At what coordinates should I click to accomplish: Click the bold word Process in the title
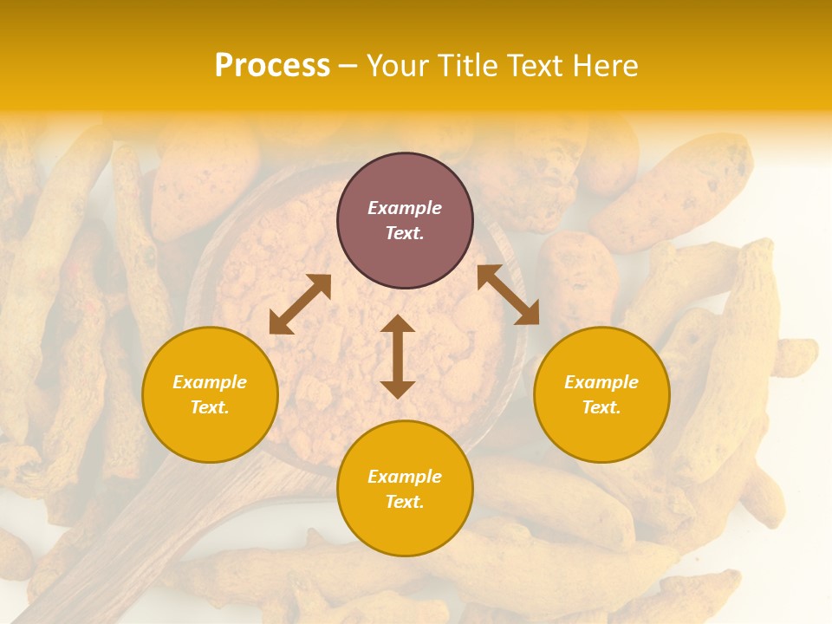[x=272, y=66]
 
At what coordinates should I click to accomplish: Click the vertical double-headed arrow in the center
[x=398, y=356]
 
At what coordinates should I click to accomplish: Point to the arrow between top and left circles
[x=300, y=304]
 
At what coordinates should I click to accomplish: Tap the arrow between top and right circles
[x=508, y=295]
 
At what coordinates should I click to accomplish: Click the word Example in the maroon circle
[x=405, y=208]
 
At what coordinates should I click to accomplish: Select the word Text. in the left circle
[x=210, y=407]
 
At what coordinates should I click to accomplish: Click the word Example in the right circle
[x=601, y=382]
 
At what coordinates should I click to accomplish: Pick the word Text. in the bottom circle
[x=405, y=502]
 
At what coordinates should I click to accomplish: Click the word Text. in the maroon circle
[x=405, y=233]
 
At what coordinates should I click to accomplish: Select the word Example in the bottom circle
[x=405, y=477]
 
